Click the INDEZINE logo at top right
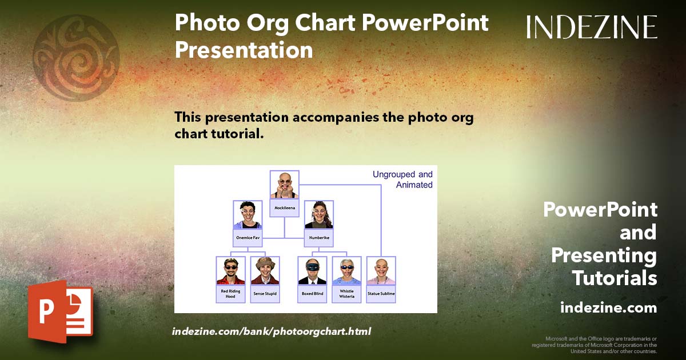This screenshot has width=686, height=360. click(592, 27)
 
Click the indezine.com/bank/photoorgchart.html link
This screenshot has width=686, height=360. click(272, 331)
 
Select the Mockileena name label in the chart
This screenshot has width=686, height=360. click(285, 208)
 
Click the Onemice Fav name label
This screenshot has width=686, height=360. click(248, 237)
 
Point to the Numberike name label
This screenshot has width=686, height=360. click(319, 237)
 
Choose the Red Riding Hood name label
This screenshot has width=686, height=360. click(230, 294)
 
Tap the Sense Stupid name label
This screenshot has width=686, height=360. click(265, 294)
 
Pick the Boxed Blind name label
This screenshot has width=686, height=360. click(313, 294)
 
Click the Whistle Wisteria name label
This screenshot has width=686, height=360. click(347, 294)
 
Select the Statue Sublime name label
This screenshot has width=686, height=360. click(381, 294)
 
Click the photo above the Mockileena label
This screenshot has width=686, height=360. click(285, 185)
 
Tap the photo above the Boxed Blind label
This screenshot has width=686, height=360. click(313, 271)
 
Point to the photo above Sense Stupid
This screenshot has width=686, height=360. click(265, 271)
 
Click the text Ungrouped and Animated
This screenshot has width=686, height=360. click(402, 179)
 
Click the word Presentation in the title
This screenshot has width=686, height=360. click(244, 50)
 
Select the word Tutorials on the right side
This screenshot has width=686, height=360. click(615, 278)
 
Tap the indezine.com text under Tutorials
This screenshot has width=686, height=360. click(608, 307)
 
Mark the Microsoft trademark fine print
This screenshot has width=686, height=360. click(595, 345)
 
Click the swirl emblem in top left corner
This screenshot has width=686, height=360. click(76, 58)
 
